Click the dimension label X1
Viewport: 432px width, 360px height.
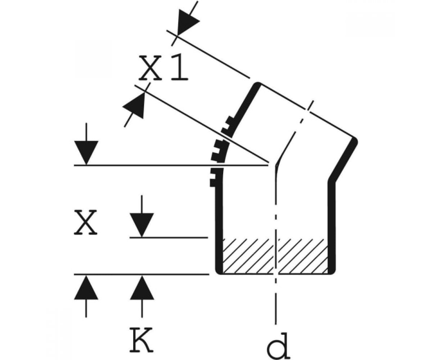(163, 68)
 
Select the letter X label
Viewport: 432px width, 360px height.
(85, 222)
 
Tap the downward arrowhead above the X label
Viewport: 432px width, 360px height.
(86, 153)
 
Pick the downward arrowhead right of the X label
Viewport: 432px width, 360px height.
(142, 225)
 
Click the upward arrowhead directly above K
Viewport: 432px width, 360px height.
(142, 288)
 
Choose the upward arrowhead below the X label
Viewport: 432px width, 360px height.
(86, 288)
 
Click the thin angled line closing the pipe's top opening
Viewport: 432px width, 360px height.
(307, 111)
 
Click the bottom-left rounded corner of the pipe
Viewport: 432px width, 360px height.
(218, 271)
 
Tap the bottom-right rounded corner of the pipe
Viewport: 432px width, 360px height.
(332, 271)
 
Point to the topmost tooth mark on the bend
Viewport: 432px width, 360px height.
(230, 120)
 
